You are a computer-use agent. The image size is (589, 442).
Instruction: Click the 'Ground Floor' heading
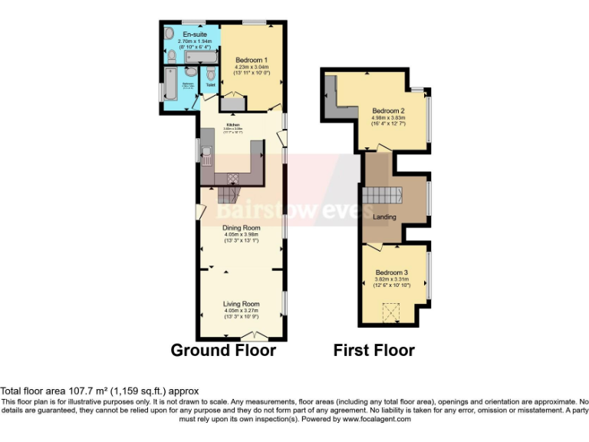pyautogui.click(x=223, y=351)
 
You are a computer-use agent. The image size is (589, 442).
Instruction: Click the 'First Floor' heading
pyautogui.click(x=373, y=351)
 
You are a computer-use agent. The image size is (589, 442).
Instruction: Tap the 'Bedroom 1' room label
pyautogui.click(x=251, y=60)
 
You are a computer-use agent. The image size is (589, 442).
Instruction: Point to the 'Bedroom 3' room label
pyautogui.click(x=392, y=272)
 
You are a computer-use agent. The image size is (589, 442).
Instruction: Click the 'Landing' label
pyautogui.click(x=384, y=217)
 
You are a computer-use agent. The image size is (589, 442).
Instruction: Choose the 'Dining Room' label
pyautogui.click(x=241, y=228)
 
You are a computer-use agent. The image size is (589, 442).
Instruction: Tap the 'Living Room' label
pyautogui.click(x=241, y=303)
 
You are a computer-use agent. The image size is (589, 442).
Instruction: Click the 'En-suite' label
pyautogui.click(x=192, y=35)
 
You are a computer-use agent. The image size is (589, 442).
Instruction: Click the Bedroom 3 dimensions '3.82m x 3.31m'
pyautogui.click(x=392, y=279)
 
